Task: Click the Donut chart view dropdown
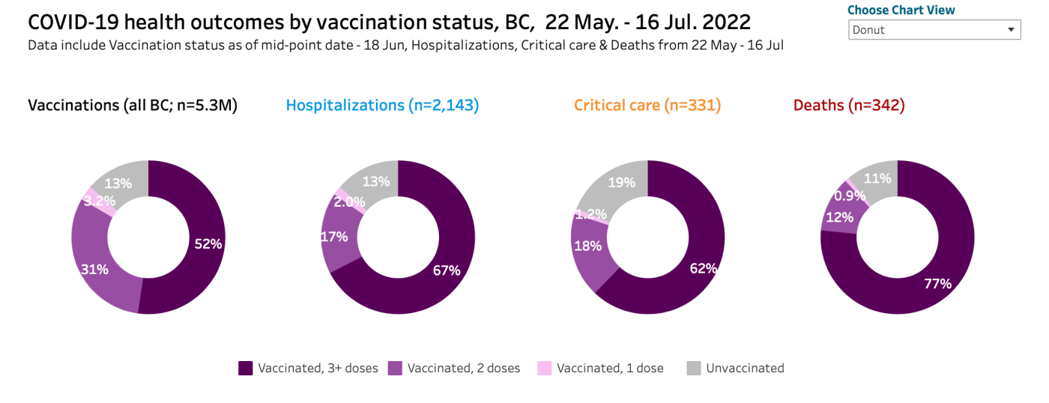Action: click(934, 30)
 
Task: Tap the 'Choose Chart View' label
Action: click(901, 10)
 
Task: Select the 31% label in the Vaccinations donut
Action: click(94, 270)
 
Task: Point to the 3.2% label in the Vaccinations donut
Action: click(99, 200)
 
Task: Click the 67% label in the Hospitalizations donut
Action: click(447, 270)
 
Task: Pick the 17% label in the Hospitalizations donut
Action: click(333, 237)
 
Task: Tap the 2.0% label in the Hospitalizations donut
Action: click(349, 201)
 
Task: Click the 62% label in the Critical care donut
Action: click(704, 267)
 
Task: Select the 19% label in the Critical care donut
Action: click(622, 183)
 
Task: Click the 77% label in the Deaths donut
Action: click(937, 283)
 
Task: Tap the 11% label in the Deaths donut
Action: click(877, 178)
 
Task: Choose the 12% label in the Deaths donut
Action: click(840, 218)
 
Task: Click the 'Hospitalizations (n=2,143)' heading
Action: click(382, 106)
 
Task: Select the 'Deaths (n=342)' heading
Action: click(849, 106)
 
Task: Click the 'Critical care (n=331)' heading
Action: click(647, 106)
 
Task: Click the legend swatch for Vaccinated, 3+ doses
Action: click(246, 368)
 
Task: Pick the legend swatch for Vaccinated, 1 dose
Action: click(545, 368)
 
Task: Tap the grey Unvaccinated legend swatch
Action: click(694, 368)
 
